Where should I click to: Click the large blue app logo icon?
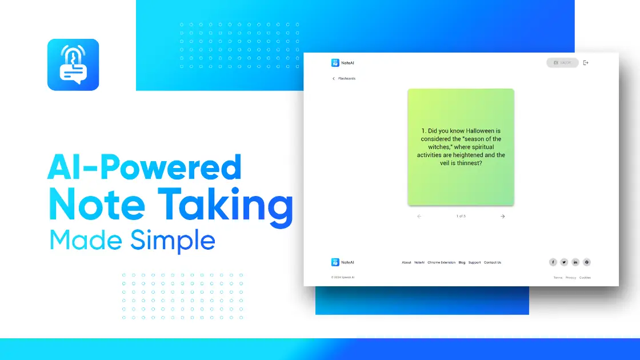tap(73, 65)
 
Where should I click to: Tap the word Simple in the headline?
tap(173, 240)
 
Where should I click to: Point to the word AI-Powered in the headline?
tap(145, 168)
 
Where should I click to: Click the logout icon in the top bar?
tap(586, 63)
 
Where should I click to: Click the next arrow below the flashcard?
tap(503, 217)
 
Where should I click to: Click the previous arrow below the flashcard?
tap(419, 217)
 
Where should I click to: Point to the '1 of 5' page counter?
tap(461, 217)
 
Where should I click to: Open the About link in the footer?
tap(406, 263)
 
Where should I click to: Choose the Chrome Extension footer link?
tap(442, 263)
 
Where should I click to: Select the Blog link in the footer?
tap(462, 263)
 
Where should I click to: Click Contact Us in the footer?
tap(493, 263)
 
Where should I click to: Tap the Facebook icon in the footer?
tap(553, 262)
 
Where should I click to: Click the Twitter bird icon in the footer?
tap(564, 262)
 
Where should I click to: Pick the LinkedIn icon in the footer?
tap(575, 262)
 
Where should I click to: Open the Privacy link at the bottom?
tap(571, 278)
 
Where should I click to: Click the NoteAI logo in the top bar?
tap(343, 63)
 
